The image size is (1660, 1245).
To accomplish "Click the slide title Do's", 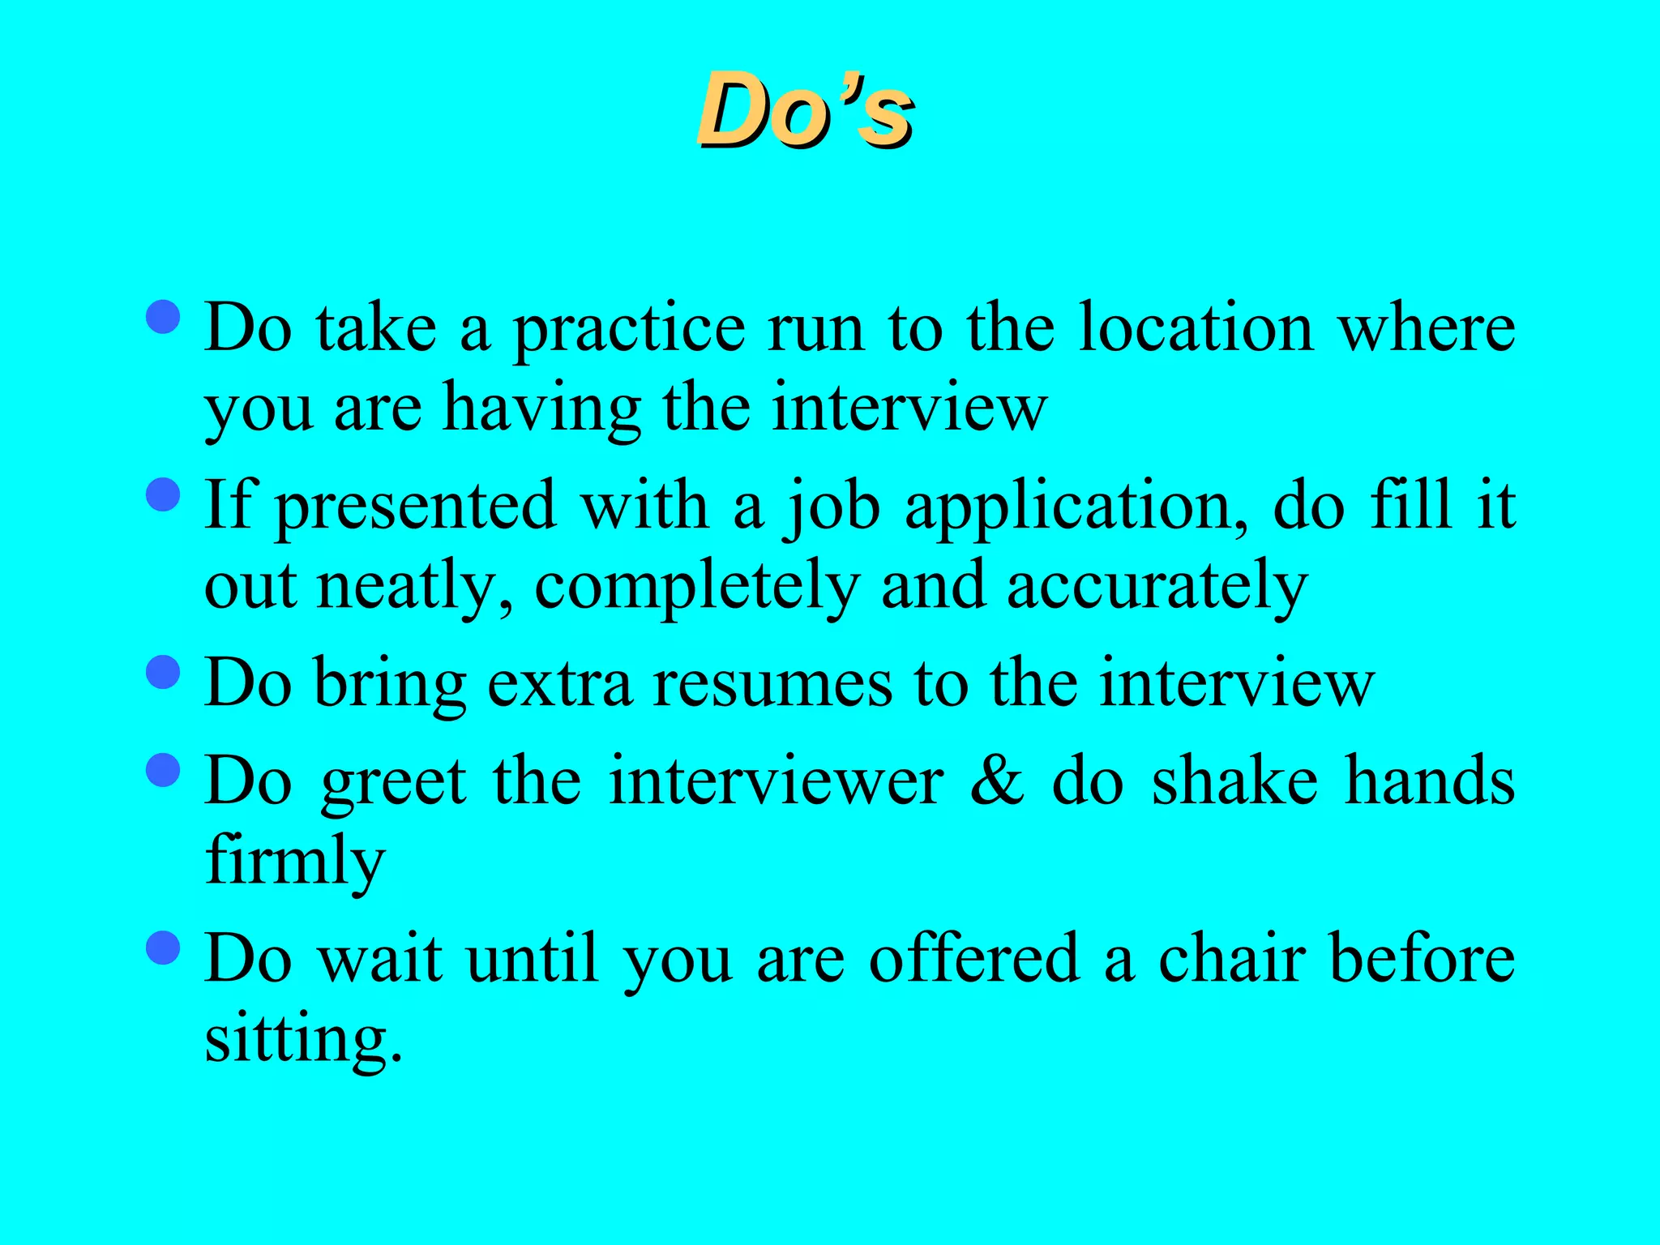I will pos(806,110).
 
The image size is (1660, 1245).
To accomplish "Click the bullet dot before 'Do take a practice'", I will pos(164,316).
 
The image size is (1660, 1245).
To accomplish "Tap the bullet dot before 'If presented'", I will pos(164,494).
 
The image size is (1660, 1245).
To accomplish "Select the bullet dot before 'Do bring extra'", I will pos(164,672).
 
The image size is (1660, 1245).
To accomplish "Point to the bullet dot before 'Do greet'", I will pos(164,769).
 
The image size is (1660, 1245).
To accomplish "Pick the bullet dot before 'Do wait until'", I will pos(164,947).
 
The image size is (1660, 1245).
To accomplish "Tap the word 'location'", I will pos(1196,327).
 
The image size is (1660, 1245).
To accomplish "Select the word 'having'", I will pos(542,409).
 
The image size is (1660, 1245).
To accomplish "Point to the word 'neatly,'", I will pos(414,588).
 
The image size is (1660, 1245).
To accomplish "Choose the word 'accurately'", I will pos(1157,588).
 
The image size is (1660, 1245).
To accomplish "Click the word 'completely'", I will pos(696,588).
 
